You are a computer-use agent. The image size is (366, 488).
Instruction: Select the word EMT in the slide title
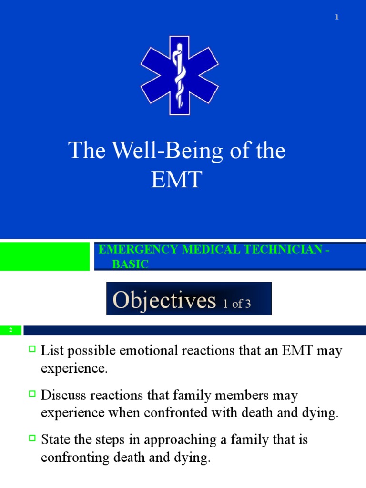[176, 181]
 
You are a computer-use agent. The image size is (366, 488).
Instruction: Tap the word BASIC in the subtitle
[130, 264]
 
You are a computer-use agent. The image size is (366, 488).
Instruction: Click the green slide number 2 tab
[10, 330]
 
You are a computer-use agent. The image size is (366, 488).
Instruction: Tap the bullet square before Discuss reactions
[32, 394]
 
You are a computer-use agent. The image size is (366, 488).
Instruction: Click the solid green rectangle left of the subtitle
[45, 256]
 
